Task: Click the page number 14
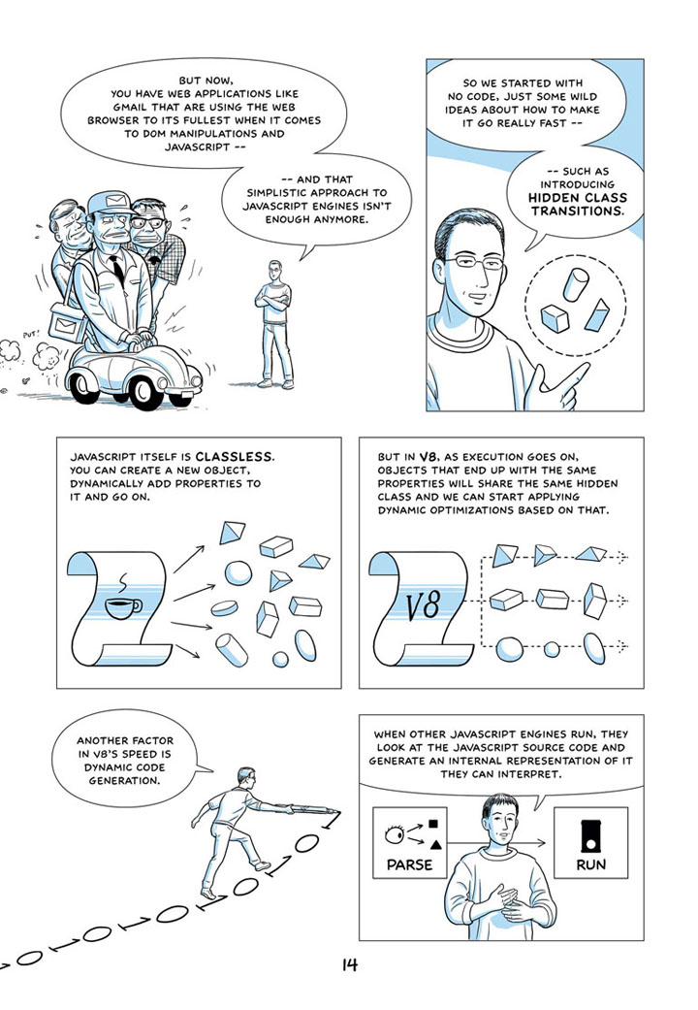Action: coord(350,964)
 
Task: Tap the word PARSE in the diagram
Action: coord(409,864)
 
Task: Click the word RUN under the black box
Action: coord(590,864)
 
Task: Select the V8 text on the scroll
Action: coord(423,605)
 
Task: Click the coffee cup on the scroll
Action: coord(123,606)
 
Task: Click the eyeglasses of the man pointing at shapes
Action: coord(473,262)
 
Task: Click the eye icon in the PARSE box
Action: coord(395,834)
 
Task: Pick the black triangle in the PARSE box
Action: coord(436,844)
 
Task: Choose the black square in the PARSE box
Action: coord(433,823)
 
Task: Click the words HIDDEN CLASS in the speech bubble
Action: coord(577,198)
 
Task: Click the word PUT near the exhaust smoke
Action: coord(30,335)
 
